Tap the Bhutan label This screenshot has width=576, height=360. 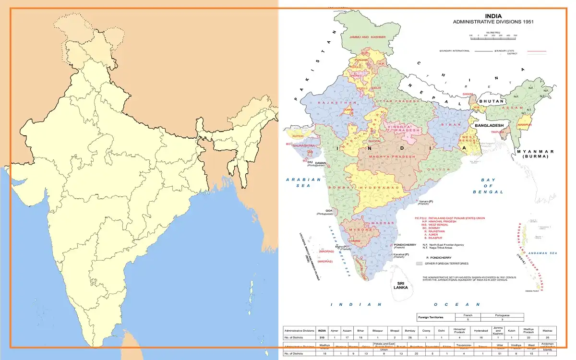492,101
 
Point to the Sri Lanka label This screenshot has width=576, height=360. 400,284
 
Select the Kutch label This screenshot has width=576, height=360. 298,136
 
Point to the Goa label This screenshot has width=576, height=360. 329,210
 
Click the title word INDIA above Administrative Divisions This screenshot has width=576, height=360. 493,16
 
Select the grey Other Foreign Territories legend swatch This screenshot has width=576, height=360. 419,264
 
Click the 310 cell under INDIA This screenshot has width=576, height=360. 322,338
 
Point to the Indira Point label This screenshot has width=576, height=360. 532,291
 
